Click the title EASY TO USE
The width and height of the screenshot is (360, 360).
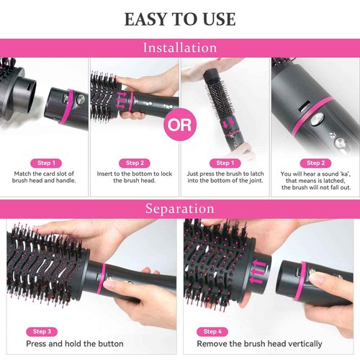(x=179, y=19)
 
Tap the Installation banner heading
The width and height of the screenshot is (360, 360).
(x=179, y=48)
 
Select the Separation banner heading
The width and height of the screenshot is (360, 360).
(x=179, y=210)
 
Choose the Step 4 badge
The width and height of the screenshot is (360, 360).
(x=212, y=331)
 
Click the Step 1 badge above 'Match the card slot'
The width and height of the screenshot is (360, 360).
(x=45, y=163)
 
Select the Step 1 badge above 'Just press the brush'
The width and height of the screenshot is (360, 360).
(x=225, y=163)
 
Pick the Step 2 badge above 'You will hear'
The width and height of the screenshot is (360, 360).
(x=314, y=163)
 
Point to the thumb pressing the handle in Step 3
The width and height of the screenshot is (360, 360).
(x=115, y=287)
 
